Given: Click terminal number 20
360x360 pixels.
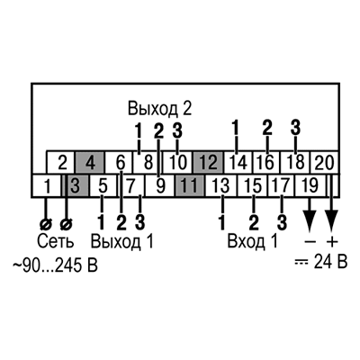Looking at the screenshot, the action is [324, 162].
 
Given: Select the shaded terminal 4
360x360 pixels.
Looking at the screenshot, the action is [90, 162].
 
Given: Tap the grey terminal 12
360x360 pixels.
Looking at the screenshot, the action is [208, 162].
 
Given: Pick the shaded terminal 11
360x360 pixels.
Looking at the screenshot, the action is [190, 185].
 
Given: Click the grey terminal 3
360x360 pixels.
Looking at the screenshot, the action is [76, 185].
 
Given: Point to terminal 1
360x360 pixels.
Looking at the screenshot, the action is [47, 185].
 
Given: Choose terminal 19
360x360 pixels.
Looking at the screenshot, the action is [310, 185].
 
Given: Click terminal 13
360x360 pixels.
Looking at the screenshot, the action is [221, 185].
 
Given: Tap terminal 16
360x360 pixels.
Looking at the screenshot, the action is [266, 162].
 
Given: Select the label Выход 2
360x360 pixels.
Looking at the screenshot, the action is [159, 108].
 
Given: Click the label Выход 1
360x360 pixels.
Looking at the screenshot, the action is [121, 241].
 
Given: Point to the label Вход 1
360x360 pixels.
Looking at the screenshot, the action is [253, 241].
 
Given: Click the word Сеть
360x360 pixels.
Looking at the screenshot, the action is [56, 241].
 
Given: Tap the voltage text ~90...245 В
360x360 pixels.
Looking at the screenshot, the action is [55, 265].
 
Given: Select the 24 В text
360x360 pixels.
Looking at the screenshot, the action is [330, 262].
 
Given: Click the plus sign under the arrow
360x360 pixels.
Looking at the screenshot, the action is [331, 241].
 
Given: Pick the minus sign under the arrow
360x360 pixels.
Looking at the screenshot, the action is [310, 241].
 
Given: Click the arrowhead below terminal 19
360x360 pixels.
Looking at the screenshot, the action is [310, 220].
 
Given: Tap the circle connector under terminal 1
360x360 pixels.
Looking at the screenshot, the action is [46, 224].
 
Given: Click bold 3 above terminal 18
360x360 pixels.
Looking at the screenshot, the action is [295, 127].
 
